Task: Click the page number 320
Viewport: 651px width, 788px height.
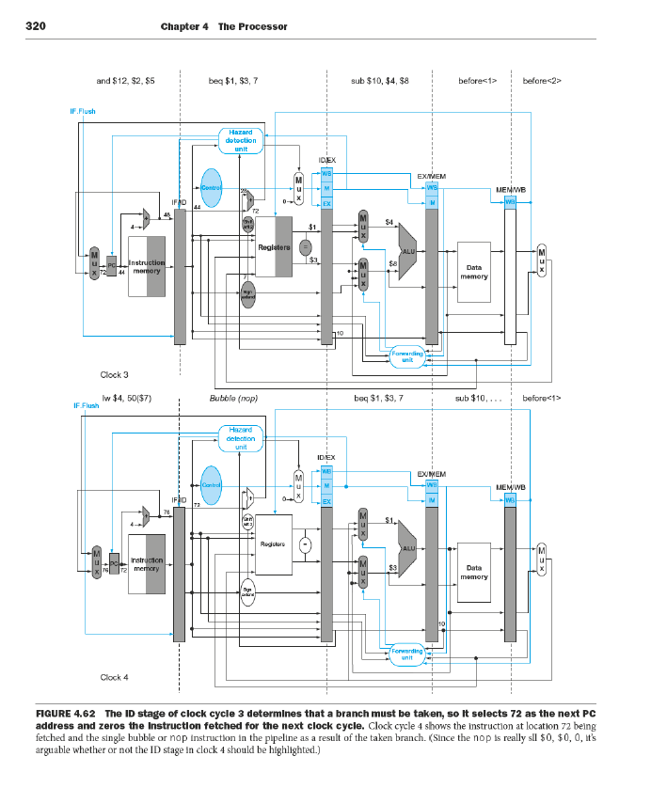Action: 36,26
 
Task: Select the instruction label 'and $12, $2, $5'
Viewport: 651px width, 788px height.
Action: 126,82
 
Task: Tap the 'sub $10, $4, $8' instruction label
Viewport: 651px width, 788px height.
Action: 379,82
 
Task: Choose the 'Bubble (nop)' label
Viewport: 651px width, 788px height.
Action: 233,399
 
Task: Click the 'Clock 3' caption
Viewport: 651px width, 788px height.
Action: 114,374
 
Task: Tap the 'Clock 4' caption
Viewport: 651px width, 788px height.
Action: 114,677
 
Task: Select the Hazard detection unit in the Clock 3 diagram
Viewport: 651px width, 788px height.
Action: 240,140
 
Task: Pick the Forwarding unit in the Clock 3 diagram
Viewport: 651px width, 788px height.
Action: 406,355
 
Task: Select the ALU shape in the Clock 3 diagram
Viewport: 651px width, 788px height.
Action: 409,252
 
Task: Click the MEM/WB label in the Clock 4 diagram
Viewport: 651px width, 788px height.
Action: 511,487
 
